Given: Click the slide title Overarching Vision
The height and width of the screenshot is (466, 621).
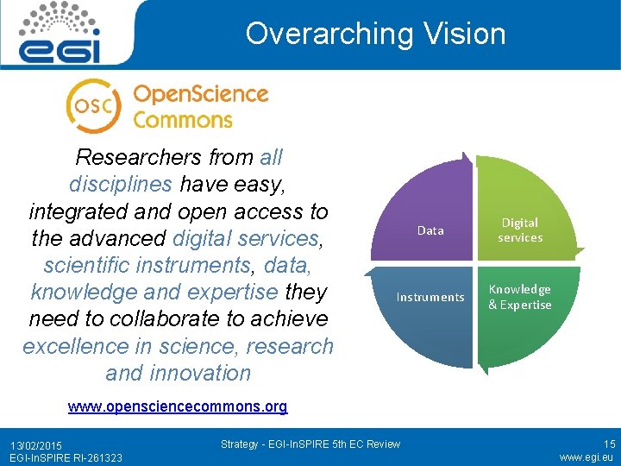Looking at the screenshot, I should pyautogui.click(x=375, y=34).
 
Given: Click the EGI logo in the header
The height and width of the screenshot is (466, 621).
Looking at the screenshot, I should pyautogui.click(x=61, y=34).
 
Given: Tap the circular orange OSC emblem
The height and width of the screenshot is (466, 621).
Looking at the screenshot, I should pyautogui.click(x=94, y=104).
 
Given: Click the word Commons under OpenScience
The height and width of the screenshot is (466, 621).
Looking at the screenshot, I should pyautogui.click(x=183, y=119).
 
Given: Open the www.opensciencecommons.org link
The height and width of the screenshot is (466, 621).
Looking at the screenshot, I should pyautogui.click(x=178, y=406).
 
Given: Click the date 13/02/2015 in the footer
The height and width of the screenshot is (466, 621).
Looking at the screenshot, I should pyautogui.click(x=37, y=444).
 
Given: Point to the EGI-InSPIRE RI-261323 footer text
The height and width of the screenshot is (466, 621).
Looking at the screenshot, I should pyautogui.click(x=60, y=457).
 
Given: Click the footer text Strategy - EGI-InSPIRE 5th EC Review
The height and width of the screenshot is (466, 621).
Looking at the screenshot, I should pyautogui.click(x=310, y=444).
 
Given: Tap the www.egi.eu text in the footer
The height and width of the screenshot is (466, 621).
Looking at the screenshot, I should pyautogui.click(x=586, y=457).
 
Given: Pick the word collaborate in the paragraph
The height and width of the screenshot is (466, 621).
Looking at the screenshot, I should pyautogui.click(x=154, y=319).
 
